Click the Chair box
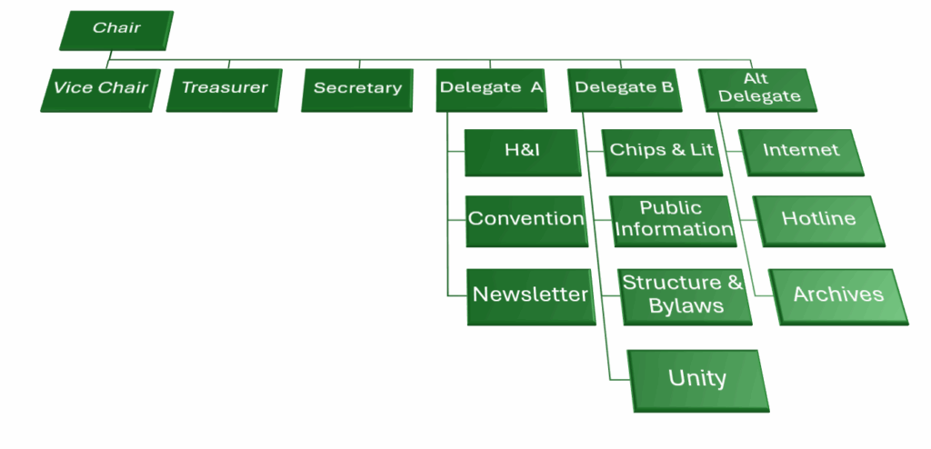click(x=115, y=29)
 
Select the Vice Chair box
click(x=100, y=89)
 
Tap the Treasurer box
click(x=225, y=89)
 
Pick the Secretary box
click(x=357, y=89)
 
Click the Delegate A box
click(x=491, y=89)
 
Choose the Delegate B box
click(x=625, y=89)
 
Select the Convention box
click(x=526, y=220)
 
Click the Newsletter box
click(x=530, y=295)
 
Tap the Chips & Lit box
click(x=662, y=151)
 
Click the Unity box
click(x=697, y=378)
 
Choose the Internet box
click(x=801, y=151)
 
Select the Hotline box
click(x=818, y=219)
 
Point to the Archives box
click(x=837, y=294)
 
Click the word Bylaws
click(x=686, y=306)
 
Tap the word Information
click(x=675, y=230)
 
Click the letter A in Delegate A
click(x=537, y=88)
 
